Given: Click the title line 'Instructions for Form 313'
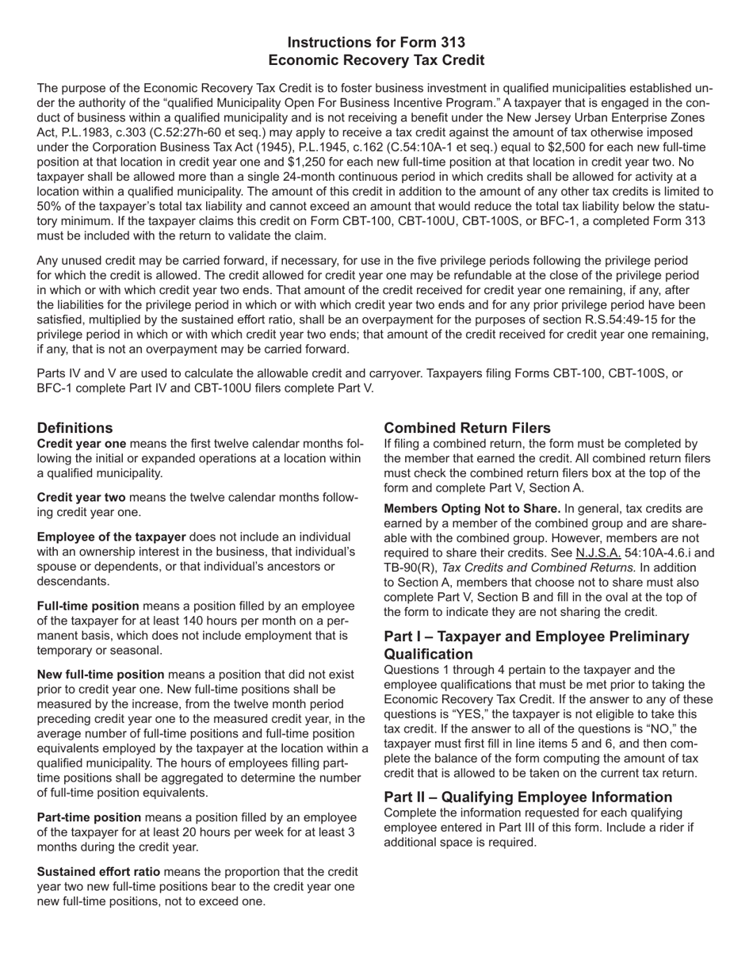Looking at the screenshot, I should (x=376, y=42).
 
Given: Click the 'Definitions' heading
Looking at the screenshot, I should (x=75, y=428).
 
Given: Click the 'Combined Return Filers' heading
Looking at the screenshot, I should (x=467, y=428).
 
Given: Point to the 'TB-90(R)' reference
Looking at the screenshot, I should (x=411, y=568).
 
